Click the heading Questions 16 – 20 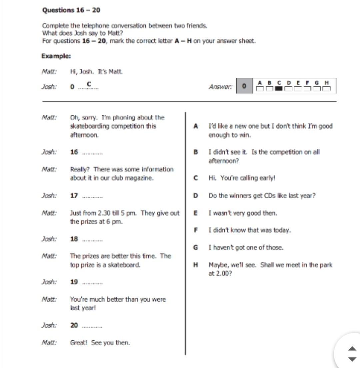tap(71, 10)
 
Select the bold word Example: tap(56, 56)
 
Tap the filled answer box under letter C tap(279, 89)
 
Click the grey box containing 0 tap(244, 86)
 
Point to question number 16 tap(74, 152)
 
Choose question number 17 tap(74, 196)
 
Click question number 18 tap(74, 239)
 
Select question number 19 tap(74, 282)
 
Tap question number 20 tap(74, 325)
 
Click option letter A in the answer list tap(196, 126)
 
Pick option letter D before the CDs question tap(196, 196)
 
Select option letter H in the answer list tap(196, 265)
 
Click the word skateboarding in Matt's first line tap(89, 126)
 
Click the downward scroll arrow tap(352, 359)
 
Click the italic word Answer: tap(220, 87)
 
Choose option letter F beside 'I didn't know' tap(196, 230)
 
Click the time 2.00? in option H tap(220, 274)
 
